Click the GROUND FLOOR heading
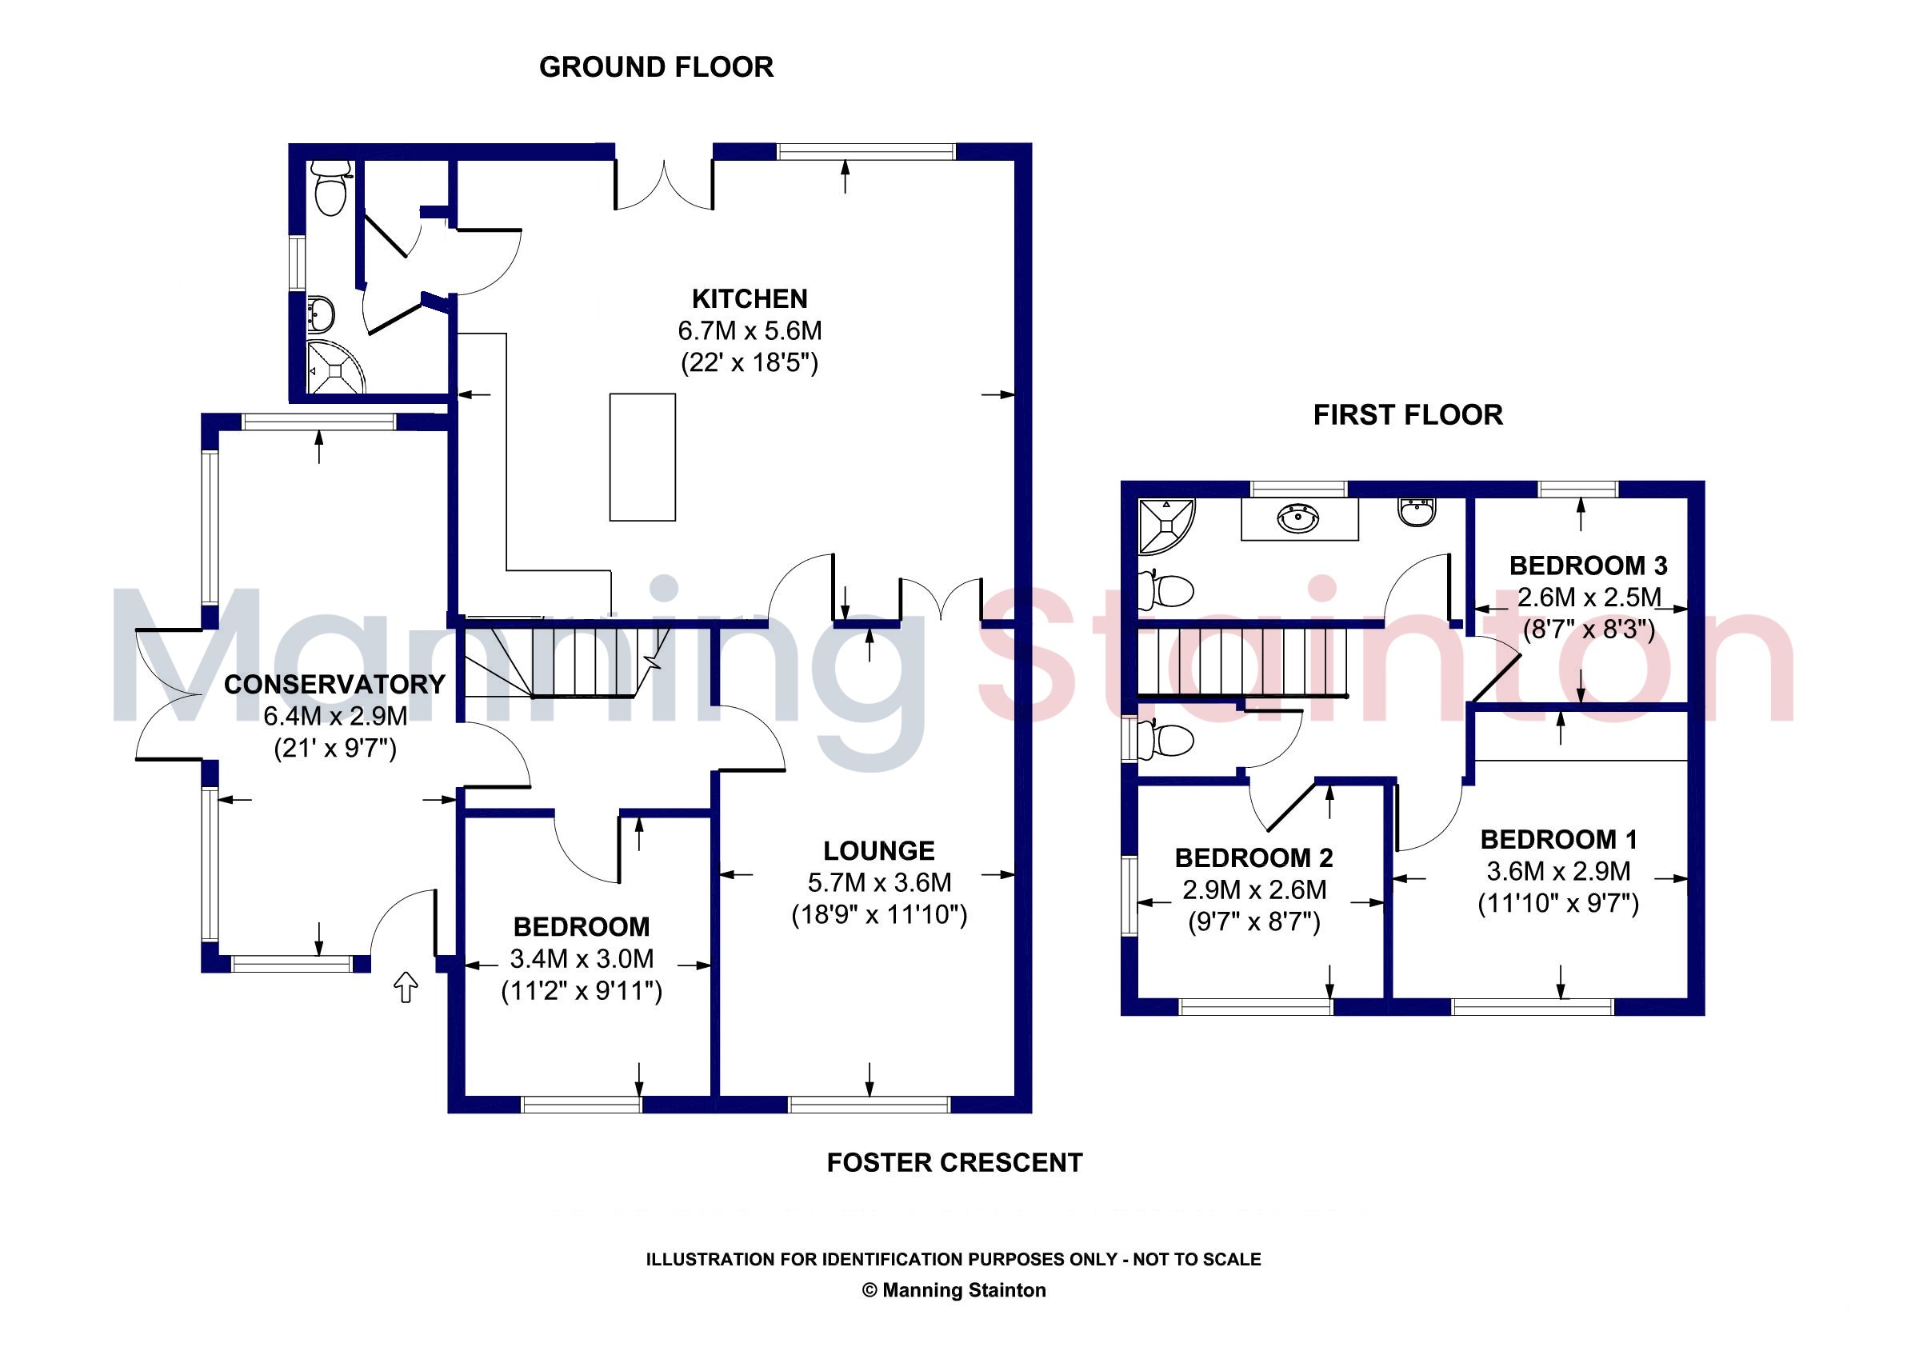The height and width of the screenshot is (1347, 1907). (656, 67)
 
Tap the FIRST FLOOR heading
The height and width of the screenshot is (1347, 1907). (1408, 415)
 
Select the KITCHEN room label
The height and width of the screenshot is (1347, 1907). (750, 299)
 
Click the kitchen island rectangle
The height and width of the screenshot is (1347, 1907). (642, 458)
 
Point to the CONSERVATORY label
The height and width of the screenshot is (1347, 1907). (334, 684)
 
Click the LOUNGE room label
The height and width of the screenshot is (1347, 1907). (879, 851)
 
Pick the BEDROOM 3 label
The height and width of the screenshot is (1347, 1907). (1588, 566)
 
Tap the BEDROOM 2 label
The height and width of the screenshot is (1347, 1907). (1254, 857)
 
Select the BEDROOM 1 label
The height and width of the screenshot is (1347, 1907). (1559, 840)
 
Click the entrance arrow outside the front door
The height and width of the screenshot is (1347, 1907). (406, 986)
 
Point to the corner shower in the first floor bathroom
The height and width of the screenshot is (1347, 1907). (1165, 526)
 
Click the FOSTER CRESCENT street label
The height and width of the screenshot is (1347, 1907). (954, 1163)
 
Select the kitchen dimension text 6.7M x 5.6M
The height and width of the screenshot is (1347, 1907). (750, 331)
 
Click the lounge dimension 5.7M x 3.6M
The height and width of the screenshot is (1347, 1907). (879, 883)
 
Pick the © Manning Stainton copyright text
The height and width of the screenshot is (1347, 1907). (954, 1290)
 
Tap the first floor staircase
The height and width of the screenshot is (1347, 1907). (1241, 661)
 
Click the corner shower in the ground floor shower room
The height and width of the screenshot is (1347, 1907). (335, 366)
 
